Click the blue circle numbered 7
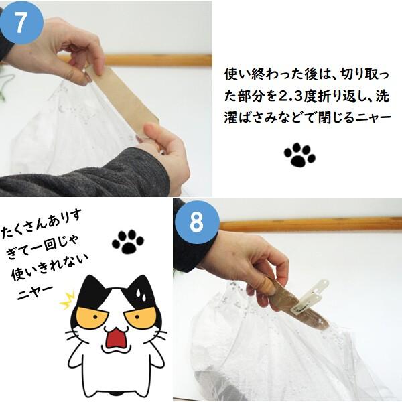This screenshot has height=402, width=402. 21,23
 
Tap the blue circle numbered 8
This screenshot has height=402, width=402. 198,222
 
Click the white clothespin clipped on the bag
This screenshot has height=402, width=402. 310,297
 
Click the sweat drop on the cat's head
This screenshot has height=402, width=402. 141,295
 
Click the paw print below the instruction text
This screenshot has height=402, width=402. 299,154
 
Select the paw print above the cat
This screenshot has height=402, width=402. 128,242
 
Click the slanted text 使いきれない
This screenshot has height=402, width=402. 50,267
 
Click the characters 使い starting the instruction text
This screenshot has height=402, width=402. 236,75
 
